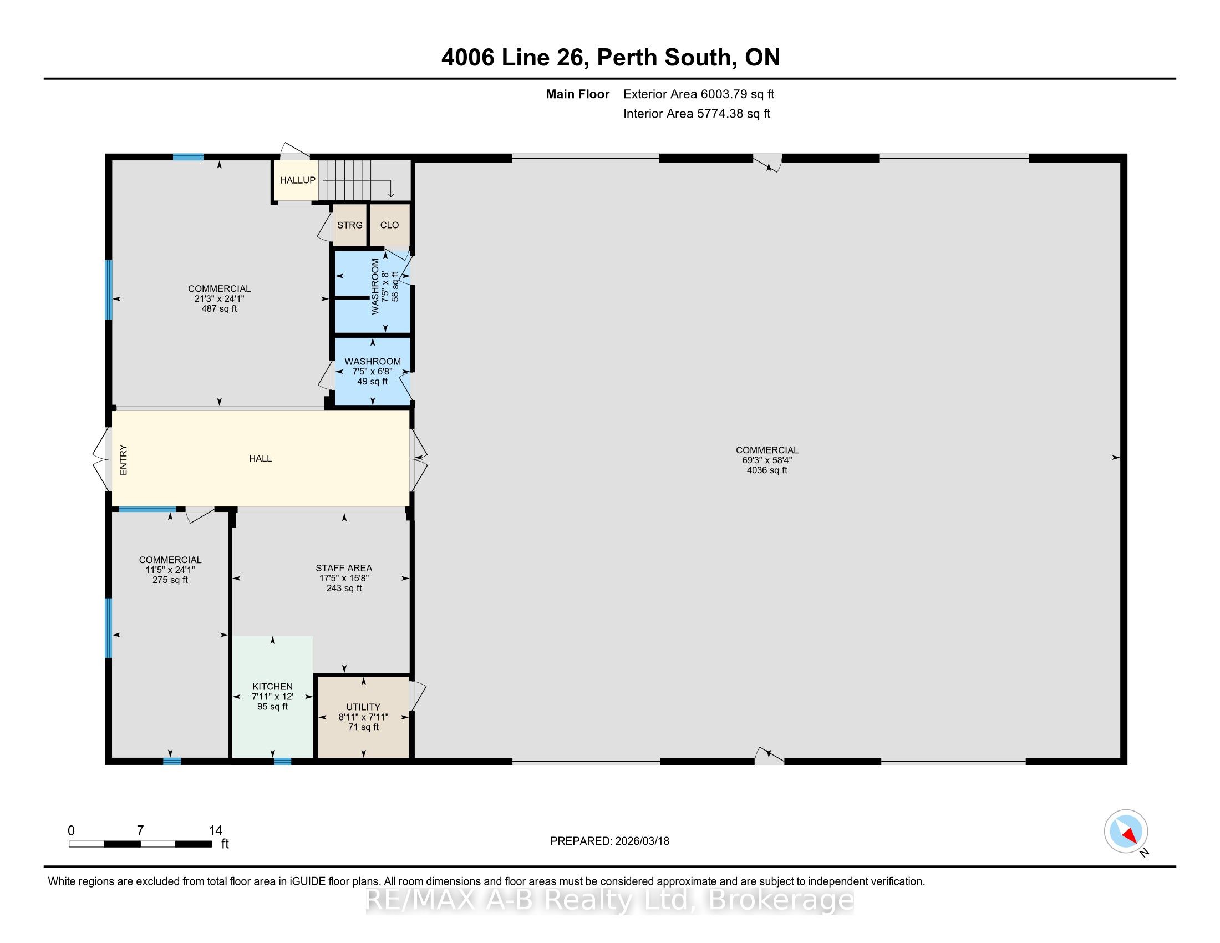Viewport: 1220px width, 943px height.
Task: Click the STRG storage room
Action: [350, 225]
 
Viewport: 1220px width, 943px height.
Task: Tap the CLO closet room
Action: [389, 225]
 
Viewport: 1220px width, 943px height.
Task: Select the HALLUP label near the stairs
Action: [298, 180]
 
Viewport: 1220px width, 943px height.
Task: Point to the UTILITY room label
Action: [363, 707]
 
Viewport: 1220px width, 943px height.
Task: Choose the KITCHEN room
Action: [273, 697]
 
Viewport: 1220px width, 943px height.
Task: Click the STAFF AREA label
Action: [344, 568]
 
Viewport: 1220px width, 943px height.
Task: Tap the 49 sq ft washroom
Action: [373, 372]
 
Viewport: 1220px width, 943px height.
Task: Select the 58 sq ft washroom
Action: [373, 292]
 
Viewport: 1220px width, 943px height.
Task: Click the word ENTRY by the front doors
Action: [124, 460]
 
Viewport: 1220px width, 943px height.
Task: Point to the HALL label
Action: [260, 459]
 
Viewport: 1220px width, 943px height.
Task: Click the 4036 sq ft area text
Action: [767, 470]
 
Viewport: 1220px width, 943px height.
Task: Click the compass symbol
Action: [1126, 832]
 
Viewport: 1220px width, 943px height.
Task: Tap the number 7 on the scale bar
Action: [140, 831]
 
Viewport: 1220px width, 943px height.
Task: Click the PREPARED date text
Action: [609, 841]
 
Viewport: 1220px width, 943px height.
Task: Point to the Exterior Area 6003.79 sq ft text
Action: [699, 94]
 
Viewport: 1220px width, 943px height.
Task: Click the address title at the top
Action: [611, 57]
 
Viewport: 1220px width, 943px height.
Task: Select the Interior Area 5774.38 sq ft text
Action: [697, 114]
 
